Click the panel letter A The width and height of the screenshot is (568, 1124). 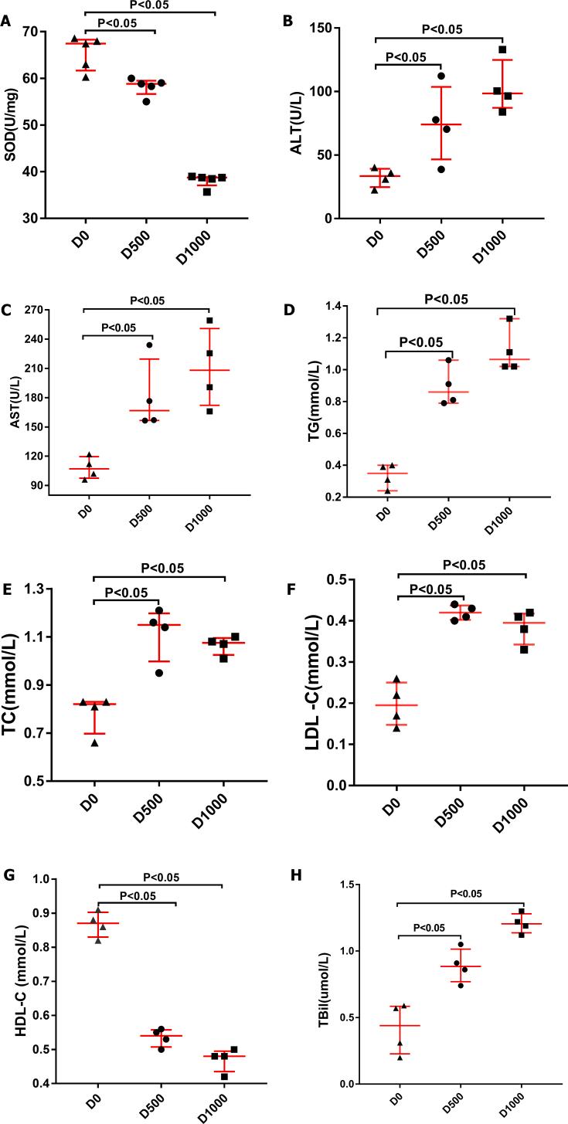7,22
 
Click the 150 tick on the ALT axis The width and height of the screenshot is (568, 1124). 328,29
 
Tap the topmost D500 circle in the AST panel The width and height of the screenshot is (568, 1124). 149,345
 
